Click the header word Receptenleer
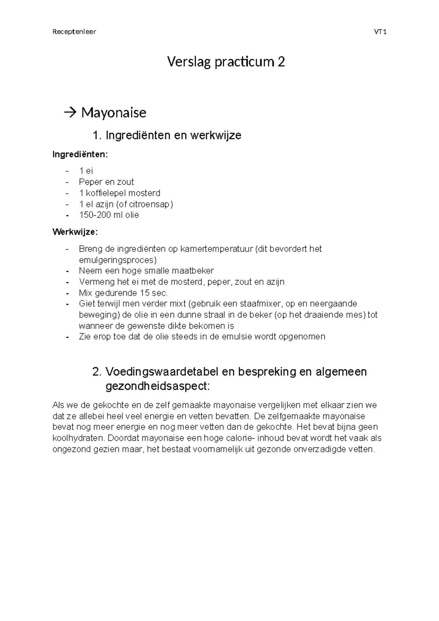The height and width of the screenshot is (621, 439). (x=74, y=32)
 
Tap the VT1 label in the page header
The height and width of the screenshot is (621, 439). (x=380, y=32)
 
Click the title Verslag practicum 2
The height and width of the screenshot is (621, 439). (x=226, y=62)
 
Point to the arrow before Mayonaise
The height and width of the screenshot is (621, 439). (x=68, y=112)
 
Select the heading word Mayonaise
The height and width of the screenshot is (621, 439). (x=113, y=112)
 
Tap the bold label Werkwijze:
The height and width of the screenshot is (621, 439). (x=75, y=232)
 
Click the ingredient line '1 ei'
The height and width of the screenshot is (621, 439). (x=86, y=171)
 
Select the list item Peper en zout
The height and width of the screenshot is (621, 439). (x=106, y=182)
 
